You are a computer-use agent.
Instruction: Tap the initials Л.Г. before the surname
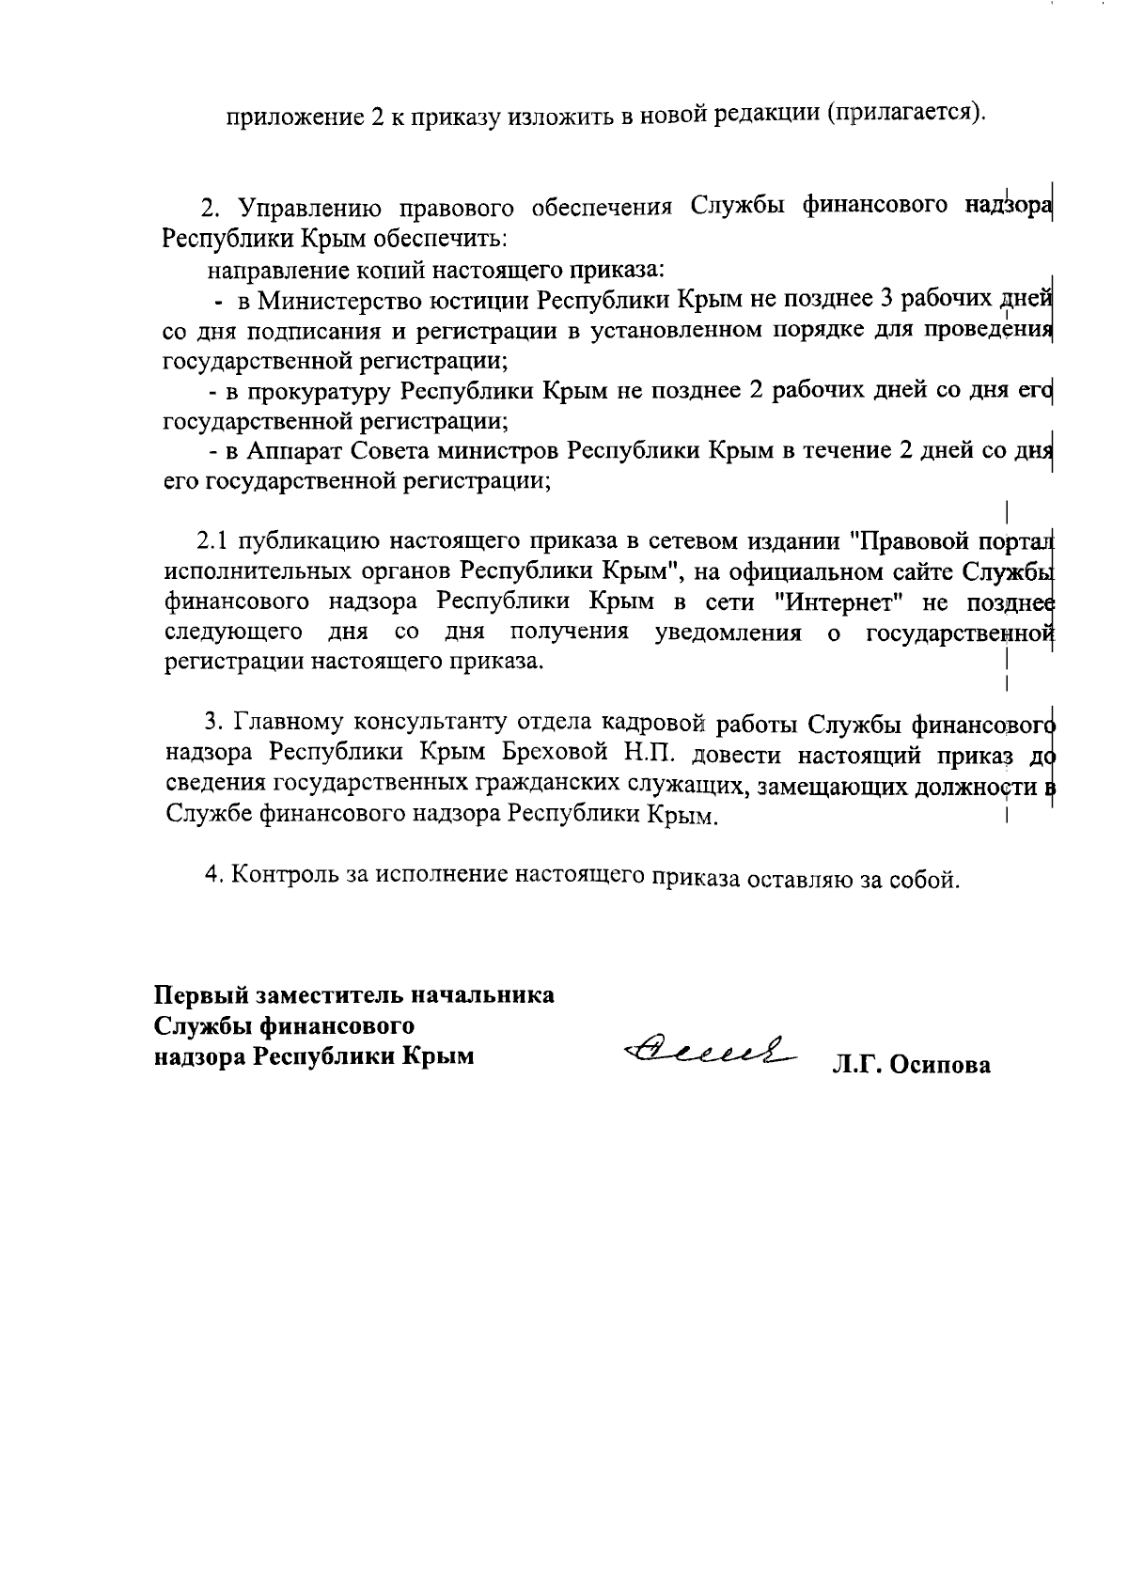(x=855, y=1066)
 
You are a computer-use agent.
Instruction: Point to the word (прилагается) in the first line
(x=905, y=115)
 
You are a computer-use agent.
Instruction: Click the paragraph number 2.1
(x=212, y=542)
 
